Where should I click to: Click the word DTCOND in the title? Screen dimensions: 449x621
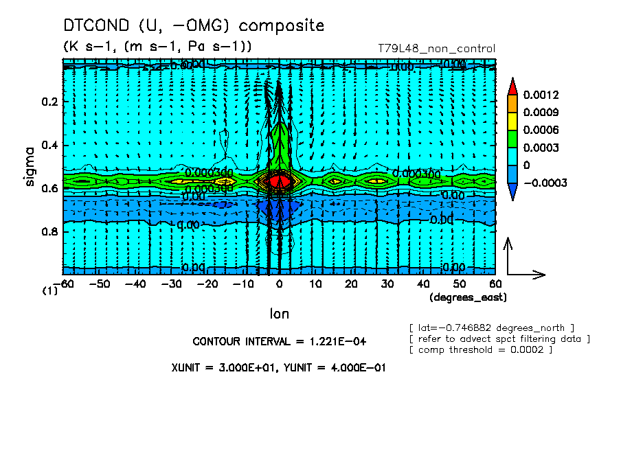[97, 25]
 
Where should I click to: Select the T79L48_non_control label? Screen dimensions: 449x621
[436, 49]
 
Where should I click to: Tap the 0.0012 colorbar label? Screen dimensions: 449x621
[540, 94]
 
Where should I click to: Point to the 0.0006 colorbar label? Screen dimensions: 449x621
[540, 130]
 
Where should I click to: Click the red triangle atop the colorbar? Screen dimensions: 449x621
[512, 86]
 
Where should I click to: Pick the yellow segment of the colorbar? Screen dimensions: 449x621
[512, 121]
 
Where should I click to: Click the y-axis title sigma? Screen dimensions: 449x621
[30, 165]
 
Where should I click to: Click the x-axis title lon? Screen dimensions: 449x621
[279, 314]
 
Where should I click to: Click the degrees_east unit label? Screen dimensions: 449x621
[468, 297]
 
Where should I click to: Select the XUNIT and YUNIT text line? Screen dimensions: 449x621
[278, 367]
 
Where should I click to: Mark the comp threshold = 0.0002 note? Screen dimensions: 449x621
[480, 350]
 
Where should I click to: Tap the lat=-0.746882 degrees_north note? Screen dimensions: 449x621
[491, 327]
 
